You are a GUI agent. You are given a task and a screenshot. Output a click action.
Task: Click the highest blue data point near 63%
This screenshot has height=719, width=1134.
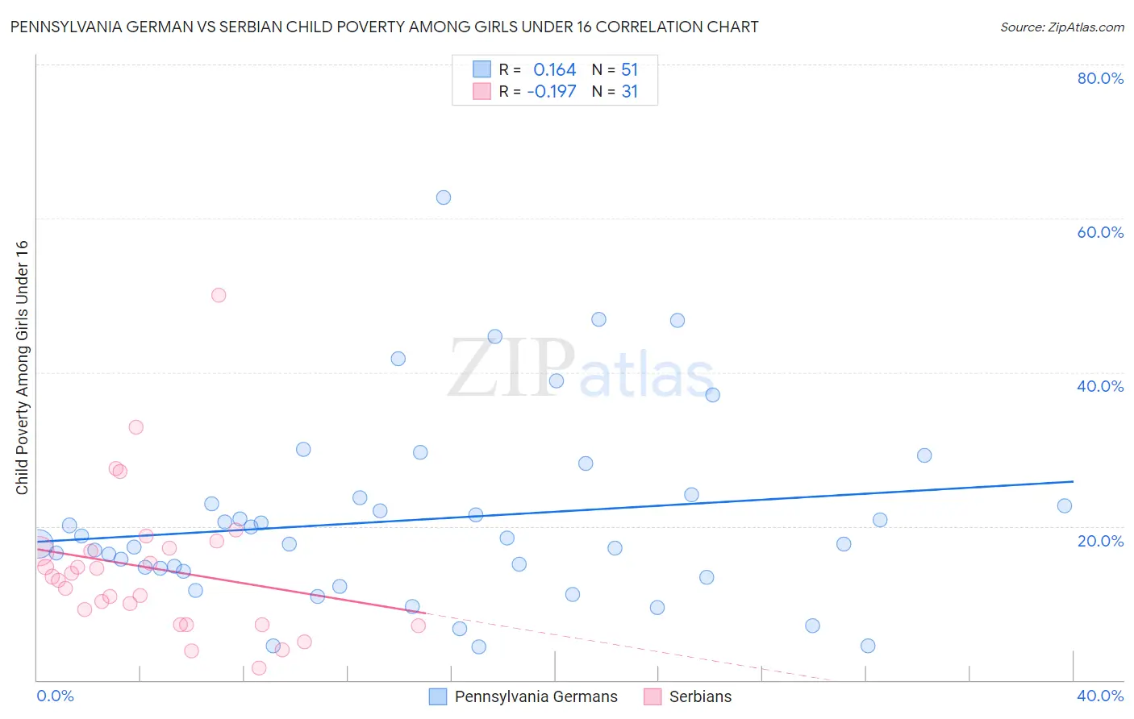point(443,197)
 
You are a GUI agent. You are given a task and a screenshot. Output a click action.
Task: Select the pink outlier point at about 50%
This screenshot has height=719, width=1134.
point(218,295)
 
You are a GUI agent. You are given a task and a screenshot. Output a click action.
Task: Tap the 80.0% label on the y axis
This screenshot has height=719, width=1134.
point(1100,78)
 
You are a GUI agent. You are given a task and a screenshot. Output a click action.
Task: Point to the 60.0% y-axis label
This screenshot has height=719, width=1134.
point(1100,232)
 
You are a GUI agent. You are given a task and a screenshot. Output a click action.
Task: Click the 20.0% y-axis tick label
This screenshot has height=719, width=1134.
point(1100,541)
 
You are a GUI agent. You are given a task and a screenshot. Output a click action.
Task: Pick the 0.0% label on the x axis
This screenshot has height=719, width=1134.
point(55,696)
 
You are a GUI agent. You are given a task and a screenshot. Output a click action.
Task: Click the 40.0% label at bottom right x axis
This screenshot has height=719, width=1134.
point(1100,696)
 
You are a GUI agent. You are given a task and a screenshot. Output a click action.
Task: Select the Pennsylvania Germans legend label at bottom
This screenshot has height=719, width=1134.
point(536,696)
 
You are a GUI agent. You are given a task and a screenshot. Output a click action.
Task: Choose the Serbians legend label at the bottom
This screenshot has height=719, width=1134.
point(700,696)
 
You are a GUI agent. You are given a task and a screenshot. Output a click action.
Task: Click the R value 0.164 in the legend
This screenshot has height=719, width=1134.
point(555,70)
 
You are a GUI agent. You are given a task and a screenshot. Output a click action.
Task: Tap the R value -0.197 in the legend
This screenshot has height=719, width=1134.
point(552,92)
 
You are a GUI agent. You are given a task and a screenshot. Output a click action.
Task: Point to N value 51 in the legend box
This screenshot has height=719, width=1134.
point(629,70)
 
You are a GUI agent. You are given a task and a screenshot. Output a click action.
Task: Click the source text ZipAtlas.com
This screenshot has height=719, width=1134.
point(1061,27)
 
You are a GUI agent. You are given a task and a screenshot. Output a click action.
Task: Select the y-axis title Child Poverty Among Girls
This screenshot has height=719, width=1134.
point(22,368)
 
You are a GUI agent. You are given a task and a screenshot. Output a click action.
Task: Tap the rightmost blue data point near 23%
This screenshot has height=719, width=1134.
point(1064,506)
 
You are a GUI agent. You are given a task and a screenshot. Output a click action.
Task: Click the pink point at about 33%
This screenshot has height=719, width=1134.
point(135,427)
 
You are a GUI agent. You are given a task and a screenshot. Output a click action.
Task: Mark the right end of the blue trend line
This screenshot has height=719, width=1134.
point(1073,481)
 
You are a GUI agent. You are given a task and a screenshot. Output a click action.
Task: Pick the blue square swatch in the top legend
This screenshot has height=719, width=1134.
point(482,69)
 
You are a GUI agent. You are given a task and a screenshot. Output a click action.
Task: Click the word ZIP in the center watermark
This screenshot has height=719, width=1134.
point(511,369)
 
